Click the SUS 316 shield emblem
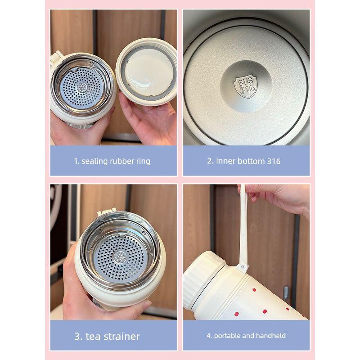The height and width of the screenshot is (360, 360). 245,85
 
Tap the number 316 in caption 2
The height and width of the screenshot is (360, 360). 272,161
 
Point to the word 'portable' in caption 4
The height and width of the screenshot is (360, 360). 228,336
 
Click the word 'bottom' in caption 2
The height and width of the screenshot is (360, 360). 248,161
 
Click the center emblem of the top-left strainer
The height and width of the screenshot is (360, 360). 82,87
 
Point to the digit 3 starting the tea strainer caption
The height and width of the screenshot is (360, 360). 77,336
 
